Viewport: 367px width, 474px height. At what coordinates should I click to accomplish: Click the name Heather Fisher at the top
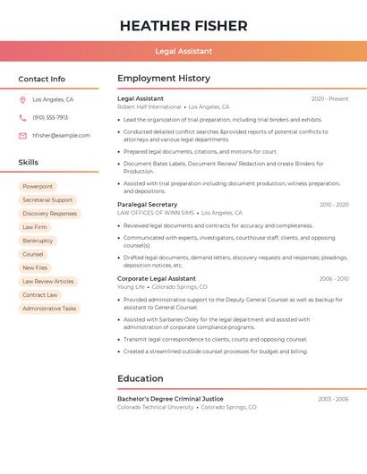point(183,25)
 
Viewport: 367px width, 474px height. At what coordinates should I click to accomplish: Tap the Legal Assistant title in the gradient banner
point(183,51)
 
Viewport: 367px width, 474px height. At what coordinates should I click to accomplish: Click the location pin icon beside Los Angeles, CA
point(22,99)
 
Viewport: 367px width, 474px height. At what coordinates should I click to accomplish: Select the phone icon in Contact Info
point(22,117)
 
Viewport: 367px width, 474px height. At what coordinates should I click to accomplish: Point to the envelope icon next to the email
point(22,136)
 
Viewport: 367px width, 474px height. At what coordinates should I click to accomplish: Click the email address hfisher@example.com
point(61,136)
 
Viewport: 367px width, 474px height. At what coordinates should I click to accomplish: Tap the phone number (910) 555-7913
point(50,117)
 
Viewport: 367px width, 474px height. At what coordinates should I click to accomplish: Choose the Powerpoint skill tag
point(38,186)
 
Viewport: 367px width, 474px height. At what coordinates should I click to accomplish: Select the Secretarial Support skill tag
point(47,200)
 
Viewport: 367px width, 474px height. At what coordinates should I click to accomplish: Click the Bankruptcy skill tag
point(38,241)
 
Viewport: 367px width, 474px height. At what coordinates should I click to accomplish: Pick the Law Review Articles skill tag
point(48,282)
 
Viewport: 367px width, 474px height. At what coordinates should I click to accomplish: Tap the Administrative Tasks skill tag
point(49,309)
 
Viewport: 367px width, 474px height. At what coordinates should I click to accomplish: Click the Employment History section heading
point(164,79)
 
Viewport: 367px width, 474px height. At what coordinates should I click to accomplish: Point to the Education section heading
point(141,378)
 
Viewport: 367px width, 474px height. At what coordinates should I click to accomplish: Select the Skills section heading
point(29,163)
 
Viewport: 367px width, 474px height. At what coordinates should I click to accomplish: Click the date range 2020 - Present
point(329,98)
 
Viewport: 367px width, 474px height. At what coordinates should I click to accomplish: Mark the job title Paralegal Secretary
point(148,205)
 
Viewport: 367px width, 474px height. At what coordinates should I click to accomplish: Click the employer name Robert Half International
point(149,106)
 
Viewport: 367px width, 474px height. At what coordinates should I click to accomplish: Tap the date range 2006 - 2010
point(334,279)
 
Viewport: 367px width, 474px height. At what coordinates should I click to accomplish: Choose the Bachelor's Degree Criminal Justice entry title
point(170,399)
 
